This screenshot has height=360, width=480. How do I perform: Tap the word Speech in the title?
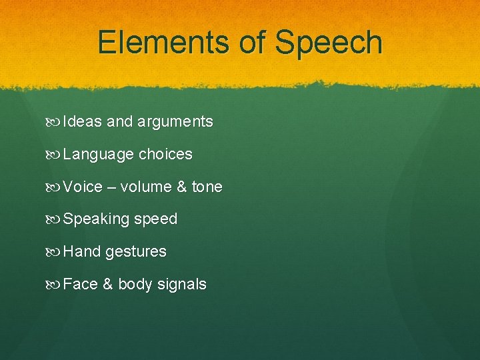click(x=329, y=42)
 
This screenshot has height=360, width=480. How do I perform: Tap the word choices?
click(x=165, y=154)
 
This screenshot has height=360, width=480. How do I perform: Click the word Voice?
click(x=83, y=187)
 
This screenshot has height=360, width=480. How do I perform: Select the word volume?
click(x=146, y=187)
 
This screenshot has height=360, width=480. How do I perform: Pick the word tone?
click(x=207, y=187)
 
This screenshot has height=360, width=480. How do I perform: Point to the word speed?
click(x=156, y=219)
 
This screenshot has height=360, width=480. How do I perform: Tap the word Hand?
click(x=81, y=251)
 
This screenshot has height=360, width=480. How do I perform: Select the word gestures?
click(x=136, y=252)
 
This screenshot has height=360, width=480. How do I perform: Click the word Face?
click(x=81, y=284)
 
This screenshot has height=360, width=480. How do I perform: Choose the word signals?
click(x=182, y=285)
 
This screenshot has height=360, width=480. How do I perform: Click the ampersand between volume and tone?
click(x=182, y=187)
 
